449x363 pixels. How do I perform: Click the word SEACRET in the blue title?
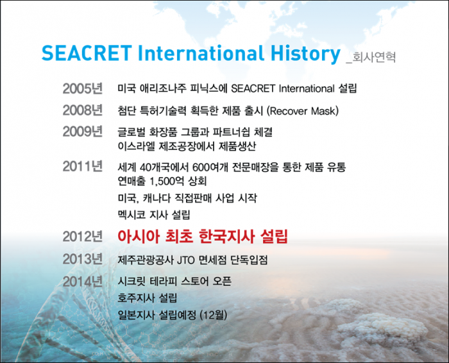tap(87, 53)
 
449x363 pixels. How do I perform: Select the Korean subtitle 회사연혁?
tap(374, 57)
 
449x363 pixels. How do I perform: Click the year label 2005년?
tap(83, 89)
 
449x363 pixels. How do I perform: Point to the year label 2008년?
tap(83, 110)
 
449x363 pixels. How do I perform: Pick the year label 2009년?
tap(83, 131)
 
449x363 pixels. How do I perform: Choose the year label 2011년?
tap(83, 166)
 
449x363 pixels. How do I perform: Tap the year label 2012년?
tap(83, 237)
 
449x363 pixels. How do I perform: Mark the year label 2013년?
tap(83, 259)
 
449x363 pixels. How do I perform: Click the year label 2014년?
tap(83, 282)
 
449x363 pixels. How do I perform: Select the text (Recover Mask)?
tap(303, 111)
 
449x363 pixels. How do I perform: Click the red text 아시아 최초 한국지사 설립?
tap(203, 237)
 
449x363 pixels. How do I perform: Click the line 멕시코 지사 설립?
tap(154, 215)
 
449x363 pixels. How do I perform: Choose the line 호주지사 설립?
tap(147, 298)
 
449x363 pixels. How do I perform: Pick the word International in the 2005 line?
tap(307, 89)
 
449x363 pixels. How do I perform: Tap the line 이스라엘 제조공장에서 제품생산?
tap(187, 147)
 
